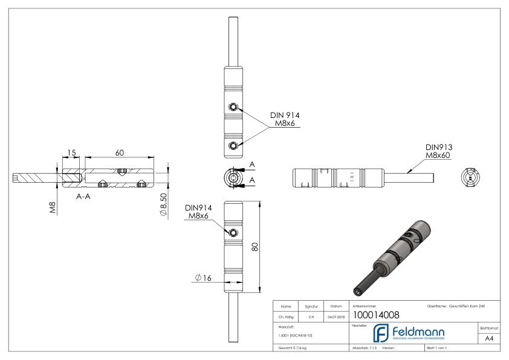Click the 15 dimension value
click(x=71, y=153)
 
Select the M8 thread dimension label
click(x=53, y=209)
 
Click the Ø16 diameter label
click(x=203, y=278)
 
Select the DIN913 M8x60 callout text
click(x=439, y=152)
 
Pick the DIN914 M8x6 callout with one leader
click(x=198, y=212)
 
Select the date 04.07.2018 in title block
click(x=335, y=315)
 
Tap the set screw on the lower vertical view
click(x=233, y=232)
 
